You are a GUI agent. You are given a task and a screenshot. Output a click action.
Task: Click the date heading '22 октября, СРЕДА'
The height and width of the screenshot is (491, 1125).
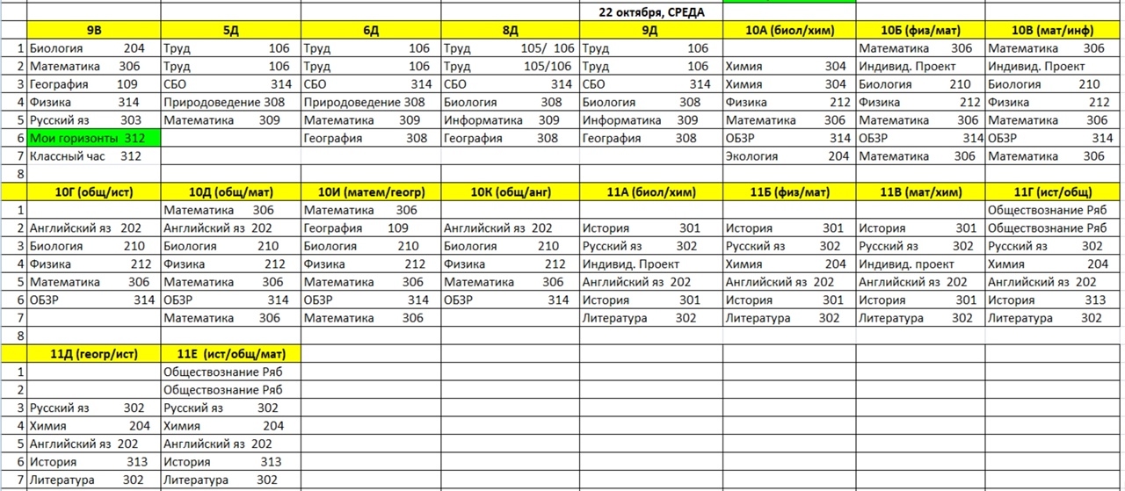click(650, 11)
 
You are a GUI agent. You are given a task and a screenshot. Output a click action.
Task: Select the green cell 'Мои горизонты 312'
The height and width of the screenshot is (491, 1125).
click(85, 138)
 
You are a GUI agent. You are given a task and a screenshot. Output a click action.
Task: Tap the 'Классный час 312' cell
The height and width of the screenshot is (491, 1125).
click(85, 156)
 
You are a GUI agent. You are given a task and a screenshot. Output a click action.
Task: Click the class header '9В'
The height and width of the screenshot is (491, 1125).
click(93, 30)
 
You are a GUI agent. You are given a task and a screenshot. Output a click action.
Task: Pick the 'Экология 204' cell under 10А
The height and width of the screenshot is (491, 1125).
click(787, 156)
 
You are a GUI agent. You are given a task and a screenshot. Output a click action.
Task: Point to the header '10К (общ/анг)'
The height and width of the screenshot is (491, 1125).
click(509, 192)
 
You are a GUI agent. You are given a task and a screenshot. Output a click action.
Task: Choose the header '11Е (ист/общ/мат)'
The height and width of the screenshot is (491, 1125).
click(230, 354)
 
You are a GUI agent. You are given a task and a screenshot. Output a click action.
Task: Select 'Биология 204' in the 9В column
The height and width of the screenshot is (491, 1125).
click(87, 48)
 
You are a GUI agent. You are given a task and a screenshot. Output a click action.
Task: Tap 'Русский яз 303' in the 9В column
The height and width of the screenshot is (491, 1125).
click(85, 120)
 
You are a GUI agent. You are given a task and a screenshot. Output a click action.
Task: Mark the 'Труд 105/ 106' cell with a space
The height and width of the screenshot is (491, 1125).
click(509, 48)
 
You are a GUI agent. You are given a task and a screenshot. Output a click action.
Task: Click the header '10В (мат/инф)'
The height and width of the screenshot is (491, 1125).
click(1054, 30)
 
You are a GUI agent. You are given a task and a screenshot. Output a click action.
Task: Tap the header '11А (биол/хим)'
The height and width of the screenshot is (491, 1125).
click(650, 192)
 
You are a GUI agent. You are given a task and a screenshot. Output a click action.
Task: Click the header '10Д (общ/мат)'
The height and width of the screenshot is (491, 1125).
click(230, 192)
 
